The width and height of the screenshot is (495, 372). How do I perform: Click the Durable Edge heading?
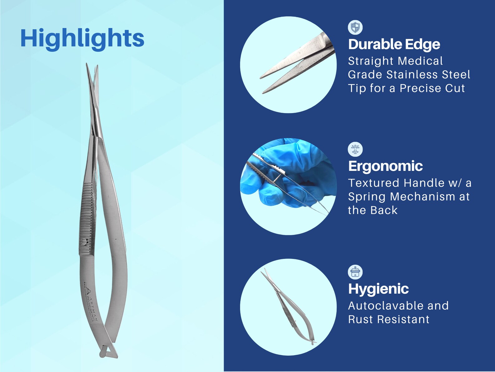point(394,44)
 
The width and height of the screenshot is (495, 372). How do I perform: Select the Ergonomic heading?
point(385,166)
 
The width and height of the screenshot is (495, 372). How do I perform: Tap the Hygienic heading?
point(378,289)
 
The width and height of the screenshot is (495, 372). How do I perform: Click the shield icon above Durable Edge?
point(355,27)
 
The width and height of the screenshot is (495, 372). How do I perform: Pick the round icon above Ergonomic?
point(355,149)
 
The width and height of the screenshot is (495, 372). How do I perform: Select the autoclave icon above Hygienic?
point(355,272)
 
